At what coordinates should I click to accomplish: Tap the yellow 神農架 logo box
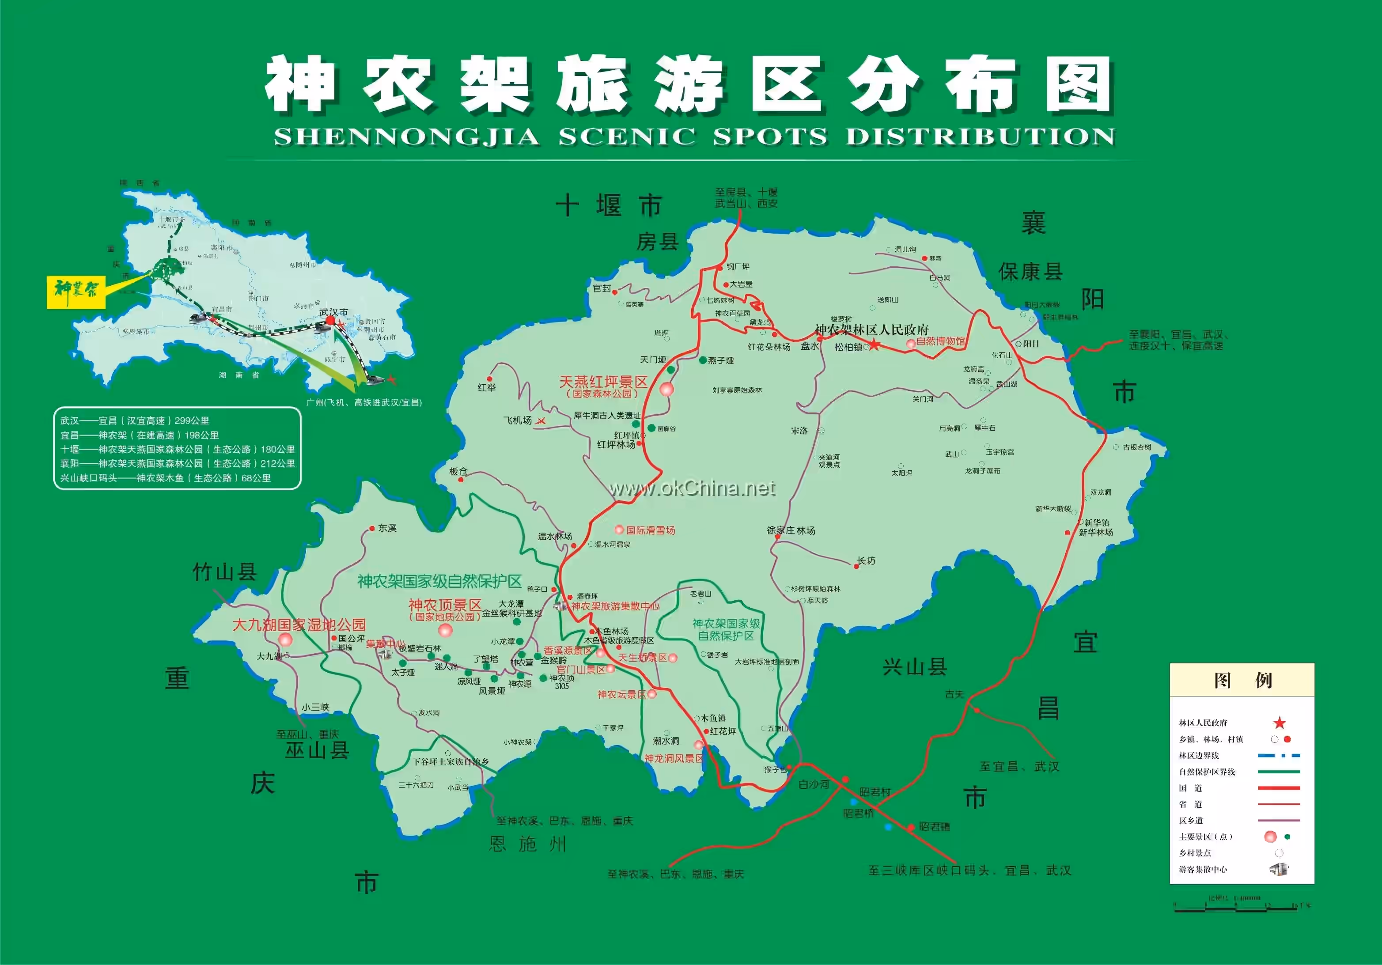click(76, 292)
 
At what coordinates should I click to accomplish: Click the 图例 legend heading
click(1242, 680)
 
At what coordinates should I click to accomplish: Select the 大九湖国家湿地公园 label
click(299, 625)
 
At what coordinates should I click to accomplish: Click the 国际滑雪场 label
click(650, 530)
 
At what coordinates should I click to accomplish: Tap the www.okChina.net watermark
click(692, 488)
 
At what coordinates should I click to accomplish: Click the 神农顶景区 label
click(445, 605)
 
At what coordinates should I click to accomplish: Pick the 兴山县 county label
click(915, 667)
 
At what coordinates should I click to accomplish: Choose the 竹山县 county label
click(224, 572)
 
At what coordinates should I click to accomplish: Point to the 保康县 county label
click(1030, 272)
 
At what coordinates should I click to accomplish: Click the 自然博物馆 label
click(940, 341)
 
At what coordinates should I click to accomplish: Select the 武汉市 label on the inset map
click(333, 312)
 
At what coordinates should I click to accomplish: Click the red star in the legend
click(1279, 723)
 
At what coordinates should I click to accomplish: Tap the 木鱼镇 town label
click(713, 718)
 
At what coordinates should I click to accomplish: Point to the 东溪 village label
click(387, 528)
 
